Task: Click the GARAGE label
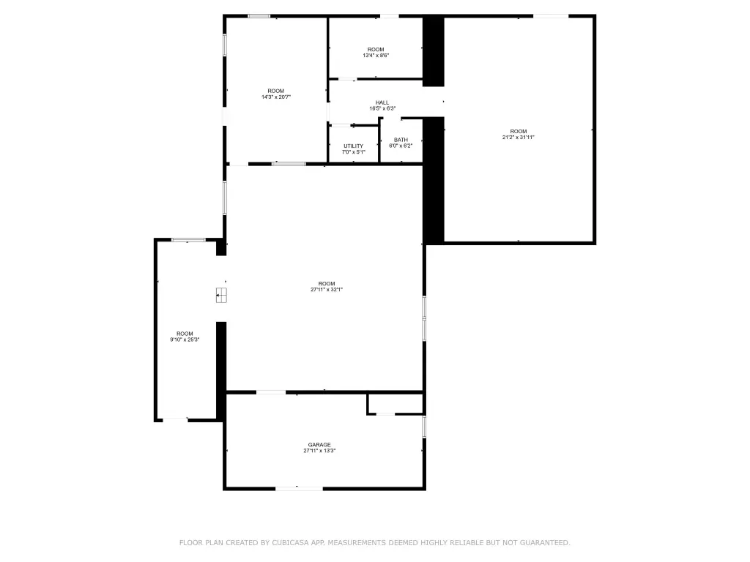pyautogui.click(x=319, y=444)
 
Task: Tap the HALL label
pyautogui.click(x=382, y=102)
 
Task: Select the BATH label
pyautogui.click(x=401, y=140)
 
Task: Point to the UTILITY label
pyautogui.click(x=354, y=146)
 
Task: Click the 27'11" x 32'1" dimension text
pyautogui.click(x=327, y=289)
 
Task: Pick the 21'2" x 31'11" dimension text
pyautogui.click(x=519, y=137)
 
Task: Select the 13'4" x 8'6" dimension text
pyautogui.click(x=376, y=55)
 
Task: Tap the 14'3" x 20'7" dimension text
pyautogui.click(x=276, y=97)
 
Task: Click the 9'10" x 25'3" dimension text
pyautogui.click(x=185, y=340)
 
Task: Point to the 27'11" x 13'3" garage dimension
pyautogui.click(x=319, y=450)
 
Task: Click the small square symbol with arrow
pyautogui.click(x=221, y=296)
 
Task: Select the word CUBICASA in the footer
pyautogui.click(x=291, y=542)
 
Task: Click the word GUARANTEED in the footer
pyautogui.click(x=545, y=542)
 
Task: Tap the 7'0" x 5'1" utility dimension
pyautogui.click(x=354, y=152)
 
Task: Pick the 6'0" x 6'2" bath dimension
pyautogui.click(x=401, y=146)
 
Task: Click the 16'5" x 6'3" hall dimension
pyautogui.click(x=382, y=108)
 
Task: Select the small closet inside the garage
pyautogui.click(x=395, y=404)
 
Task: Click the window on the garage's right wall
pyautogui.click(x=424, y=427)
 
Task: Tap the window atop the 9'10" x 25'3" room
pyautogui.click(x=188, y=240)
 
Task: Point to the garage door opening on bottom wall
pyautogui.click(x=299, y=488)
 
